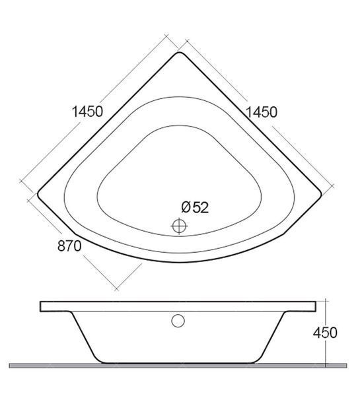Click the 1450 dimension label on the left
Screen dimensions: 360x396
point(88,112)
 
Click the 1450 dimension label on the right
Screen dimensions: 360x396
point(262,112)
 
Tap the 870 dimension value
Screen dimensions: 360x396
point(69,246)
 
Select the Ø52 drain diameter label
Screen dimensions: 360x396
point(195,207)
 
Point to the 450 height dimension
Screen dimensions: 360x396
point(325,333)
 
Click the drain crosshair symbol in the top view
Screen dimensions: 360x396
point(179,226)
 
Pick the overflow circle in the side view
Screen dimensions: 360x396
point(178,321)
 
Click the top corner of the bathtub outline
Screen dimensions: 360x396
point(179,52)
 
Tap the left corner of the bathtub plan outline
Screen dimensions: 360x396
point(38,194)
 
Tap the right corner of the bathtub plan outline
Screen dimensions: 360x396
point(321,194)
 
